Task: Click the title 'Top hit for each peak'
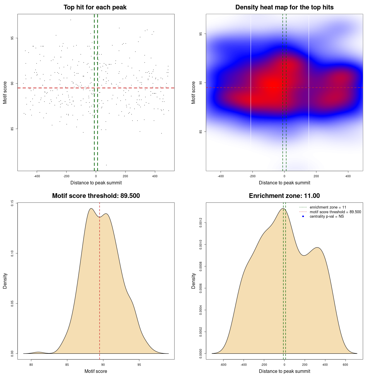point(95,7)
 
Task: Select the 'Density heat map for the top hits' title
point(284,7)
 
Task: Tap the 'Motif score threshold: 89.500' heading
point(96,196)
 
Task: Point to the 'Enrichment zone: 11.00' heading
point(284,196)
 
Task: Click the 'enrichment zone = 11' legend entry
point(328,207)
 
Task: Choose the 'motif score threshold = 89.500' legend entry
point(335,212)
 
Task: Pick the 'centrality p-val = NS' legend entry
point(327,216)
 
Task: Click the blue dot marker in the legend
point(303,216)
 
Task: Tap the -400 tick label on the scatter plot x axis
point(37,176)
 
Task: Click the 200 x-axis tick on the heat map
point(316,176)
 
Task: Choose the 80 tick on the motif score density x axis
point(31,365)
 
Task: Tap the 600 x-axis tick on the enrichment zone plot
point(345,365)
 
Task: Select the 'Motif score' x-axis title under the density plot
point(96,371)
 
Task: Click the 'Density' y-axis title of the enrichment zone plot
point(194,281)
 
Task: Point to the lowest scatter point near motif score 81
point(106,165)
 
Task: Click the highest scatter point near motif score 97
point(71,20)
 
